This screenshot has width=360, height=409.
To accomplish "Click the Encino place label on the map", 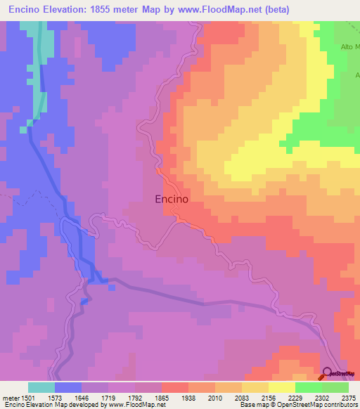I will pyautogui.click(x=172, y=199).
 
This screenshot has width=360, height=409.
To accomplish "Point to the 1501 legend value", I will pyautogui.click(x=28, y=397).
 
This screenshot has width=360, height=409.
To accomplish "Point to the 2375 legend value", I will pyautogui.click(x=349, y=397).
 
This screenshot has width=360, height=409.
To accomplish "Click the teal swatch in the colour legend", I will pyautogui.click(x=41, y=387).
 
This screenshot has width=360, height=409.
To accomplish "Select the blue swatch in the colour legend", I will pyautogui.click(x=68, y=387).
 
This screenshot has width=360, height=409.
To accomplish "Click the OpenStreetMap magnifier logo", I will pyautogui.click(x=328, y=373).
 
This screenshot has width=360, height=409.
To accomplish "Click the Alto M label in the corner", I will pyautogui.click(x=349, y=47).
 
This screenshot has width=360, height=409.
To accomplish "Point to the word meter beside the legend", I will pyautogui.click(x=10, y=397).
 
